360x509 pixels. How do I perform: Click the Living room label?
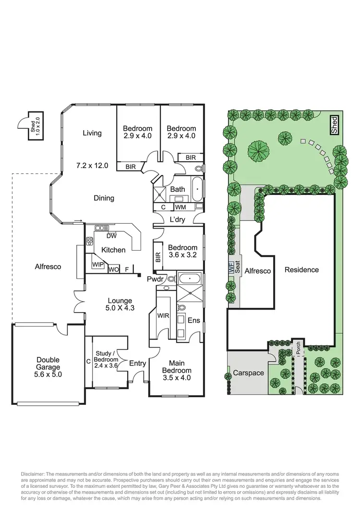point(92,133)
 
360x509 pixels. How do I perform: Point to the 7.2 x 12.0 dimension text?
point(92,165)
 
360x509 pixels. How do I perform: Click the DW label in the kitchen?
point(111,236)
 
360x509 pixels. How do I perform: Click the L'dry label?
point(177,219)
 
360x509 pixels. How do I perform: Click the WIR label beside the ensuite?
point(164,315)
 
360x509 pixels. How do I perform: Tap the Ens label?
point(193,320)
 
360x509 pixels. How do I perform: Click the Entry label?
point(137,364)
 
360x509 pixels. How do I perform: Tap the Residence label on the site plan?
point(301,270)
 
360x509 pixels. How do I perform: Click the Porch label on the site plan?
point(298,349)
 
